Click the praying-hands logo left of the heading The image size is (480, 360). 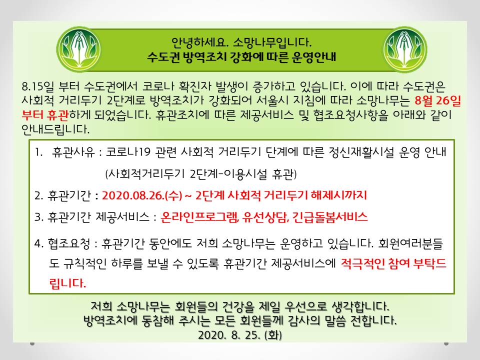(x=78, y=49)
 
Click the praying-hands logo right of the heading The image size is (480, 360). (x=405, y=49)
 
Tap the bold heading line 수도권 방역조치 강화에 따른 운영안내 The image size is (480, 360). (x=241, y=57)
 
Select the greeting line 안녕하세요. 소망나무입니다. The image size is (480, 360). (x=241, y=42)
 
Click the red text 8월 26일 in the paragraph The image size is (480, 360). (x=438, y=100)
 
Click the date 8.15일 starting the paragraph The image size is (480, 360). (x=37, y=86)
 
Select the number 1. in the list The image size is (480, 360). (x=39, y=152)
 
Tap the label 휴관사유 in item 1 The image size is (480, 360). (x=73, y=152)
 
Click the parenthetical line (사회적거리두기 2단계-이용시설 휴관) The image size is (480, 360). (x=201, y=174)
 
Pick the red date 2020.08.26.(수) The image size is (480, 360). (x=142, y=195)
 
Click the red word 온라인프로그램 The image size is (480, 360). (x=199, y=217)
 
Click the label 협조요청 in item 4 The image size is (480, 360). (x=68, y=243)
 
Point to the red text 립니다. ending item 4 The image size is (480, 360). (x=67, y=283)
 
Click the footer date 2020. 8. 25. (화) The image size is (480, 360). (x=240, y=335)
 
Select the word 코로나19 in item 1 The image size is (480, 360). (x=128, y=152)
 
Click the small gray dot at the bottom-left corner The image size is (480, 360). (x=32, y=344)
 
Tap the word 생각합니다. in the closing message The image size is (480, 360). (x=360, y=306)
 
